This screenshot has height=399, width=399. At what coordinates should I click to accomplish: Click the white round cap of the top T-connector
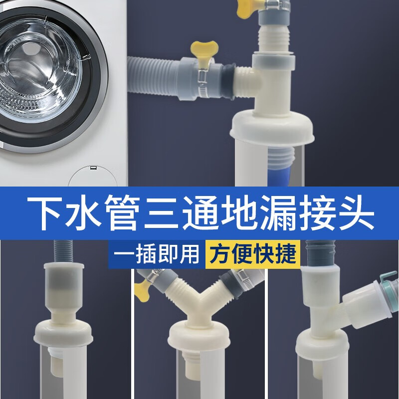(x=273, y=127)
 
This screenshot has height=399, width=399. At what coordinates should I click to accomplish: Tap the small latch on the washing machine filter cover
(x=93, y=169)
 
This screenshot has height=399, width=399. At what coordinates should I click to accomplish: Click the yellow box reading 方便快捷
(x=252, y=253)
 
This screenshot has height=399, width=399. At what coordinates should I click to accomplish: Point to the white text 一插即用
(x=156, y=253)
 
